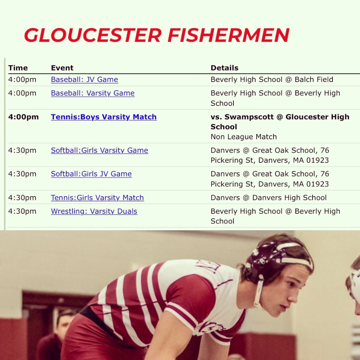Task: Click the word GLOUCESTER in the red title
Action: point(93,35)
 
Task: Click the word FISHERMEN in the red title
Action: point(229,35)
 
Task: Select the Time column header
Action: point(18,68)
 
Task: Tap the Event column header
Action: point(62,68)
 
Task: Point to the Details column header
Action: point(225,68)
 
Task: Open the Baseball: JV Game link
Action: point(84,80)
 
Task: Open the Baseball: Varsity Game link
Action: point(93,93)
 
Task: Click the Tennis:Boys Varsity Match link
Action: point(104,117)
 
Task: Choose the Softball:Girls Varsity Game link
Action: point(99,150)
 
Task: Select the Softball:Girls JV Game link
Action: point(91,174)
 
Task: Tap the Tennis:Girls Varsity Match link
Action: point(97,198)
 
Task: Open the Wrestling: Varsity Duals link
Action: point(94,211)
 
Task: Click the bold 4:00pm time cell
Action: point(24,117)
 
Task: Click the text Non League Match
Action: point(244,137)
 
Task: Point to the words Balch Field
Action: point(314,80)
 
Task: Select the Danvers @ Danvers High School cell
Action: point(269,198)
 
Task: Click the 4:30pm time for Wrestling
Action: point(22,211)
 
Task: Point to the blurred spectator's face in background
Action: point(64,324)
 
